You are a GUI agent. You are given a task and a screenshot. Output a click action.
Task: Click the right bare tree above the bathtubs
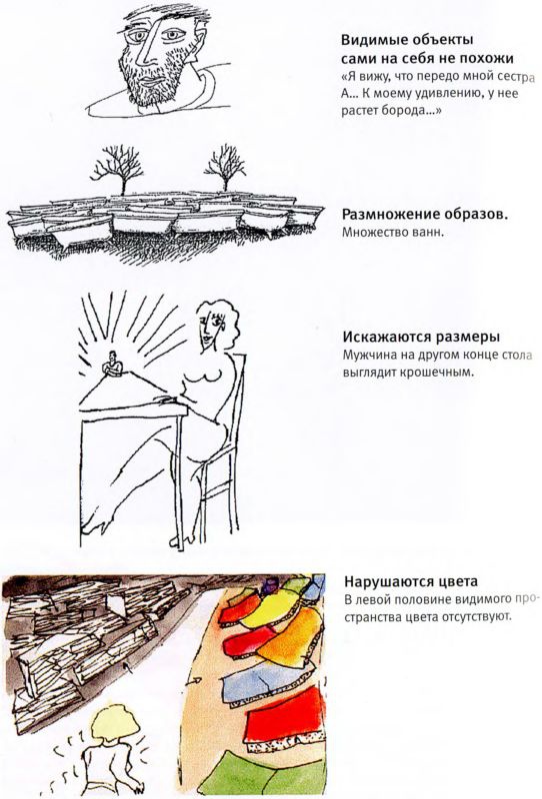click(225, 168)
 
